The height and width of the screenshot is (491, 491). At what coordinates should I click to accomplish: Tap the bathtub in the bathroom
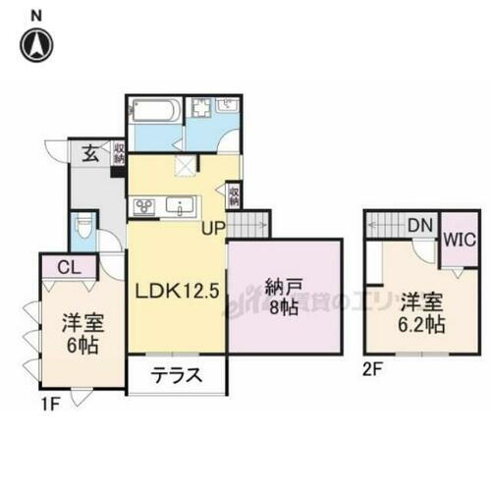click(154, 109)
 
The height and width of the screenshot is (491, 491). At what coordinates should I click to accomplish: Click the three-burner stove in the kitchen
click(145, 206)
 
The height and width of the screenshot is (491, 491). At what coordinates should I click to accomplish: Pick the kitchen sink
click(182, 206)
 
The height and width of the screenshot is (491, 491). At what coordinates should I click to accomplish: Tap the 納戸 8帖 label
click(286, 296)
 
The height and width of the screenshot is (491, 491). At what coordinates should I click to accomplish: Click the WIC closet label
click(460, 239)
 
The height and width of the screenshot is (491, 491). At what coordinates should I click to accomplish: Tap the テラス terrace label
click(178, 373)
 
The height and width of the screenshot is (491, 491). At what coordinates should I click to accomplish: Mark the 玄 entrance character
click(88, 152)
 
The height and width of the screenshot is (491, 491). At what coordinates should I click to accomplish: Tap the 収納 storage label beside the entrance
click(118, 154)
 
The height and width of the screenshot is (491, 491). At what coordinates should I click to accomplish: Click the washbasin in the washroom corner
click(229, 104)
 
